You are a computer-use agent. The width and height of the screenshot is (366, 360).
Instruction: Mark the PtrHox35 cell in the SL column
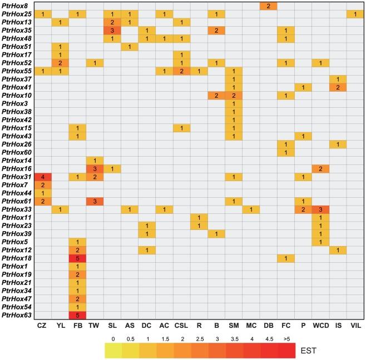pyautogui.click(x=112, y=29)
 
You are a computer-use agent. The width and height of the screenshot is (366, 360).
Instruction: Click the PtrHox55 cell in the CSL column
pyautogui.click(x=181, y=72)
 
